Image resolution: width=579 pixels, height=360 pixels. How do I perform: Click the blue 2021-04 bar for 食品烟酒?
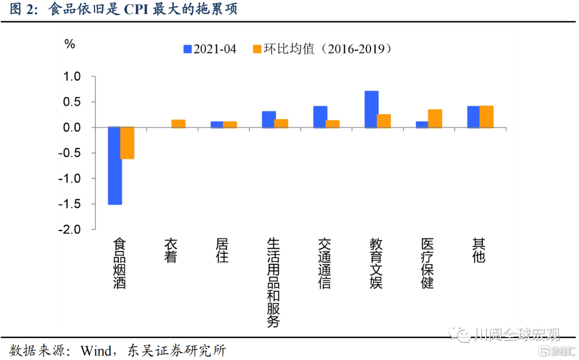(115, 166)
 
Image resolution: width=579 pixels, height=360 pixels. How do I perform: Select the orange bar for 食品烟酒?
(128, 143)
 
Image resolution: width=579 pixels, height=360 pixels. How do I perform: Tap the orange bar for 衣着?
(179, 124)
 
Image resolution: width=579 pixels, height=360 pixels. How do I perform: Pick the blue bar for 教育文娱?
(372, 109)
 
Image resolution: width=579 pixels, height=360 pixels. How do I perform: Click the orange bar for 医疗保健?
(435, 118)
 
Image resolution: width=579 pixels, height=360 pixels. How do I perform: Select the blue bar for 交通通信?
(320, 117)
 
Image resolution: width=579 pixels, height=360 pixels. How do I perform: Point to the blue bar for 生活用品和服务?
(269, 119)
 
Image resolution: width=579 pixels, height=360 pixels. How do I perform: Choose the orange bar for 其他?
(486, 117)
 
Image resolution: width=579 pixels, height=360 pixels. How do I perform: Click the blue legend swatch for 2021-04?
(188, 49)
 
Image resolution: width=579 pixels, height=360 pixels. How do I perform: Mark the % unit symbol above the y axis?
(70, 44)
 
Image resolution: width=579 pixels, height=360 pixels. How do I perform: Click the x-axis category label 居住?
(222, 250)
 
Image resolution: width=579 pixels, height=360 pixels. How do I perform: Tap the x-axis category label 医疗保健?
(427, 263)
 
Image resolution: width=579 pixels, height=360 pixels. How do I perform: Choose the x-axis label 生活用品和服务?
(273, 282)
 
